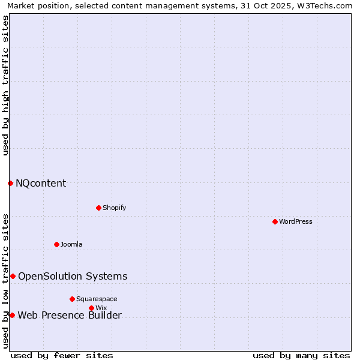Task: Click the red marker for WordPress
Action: tap(275, 221)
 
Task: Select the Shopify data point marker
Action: tap(98, 208)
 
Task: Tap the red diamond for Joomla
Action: tap(56, 244)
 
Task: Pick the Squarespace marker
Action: tap(72, 299)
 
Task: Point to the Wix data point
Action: tap(91, 308)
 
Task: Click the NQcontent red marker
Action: tap(10, 183)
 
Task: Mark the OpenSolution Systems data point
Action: tap(13, 276)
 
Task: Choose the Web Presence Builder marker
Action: tap(12, 315)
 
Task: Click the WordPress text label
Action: tap(296, 221)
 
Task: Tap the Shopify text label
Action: tap(114, 208)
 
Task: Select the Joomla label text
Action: tap(71, 244)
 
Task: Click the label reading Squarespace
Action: tap(97, 299)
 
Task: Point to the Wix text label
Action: tap(101, 308)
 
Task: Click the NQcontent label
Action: tap(41, 183)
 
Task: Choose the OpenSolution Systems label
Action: tap(73, 276)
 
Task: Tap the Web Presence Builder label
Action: tap(70, 315)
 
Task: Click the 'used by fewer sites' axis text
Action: tap(62, 355)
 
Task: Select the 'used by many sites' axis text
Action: tap(301, 355)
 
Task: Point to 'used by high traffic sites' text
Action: tap(5, 85)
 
